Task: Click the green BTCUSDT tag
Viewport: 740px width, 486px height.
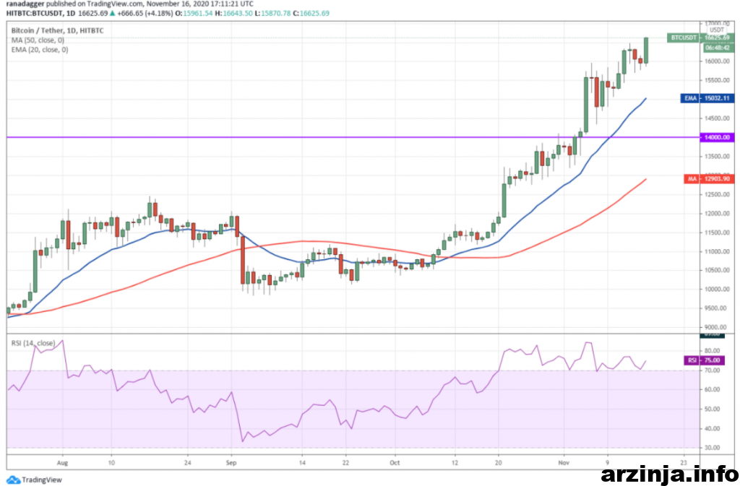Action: point(684,37)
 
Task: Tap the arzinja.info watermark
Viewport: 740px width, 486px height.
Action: point(668,474)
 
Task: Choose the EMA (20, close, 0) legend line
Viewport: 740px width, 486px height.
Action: point(39,50)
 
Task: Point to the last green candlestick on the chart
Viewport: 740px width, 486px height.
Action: point(645,50)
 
